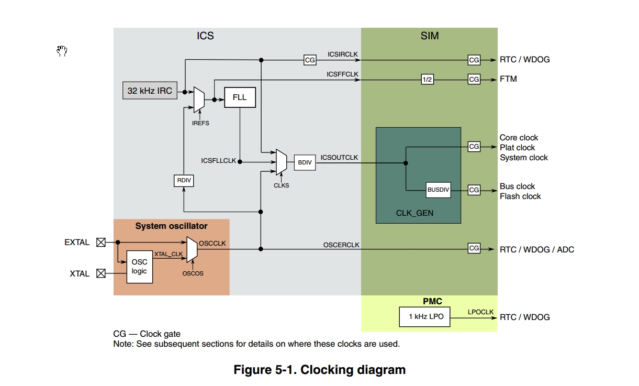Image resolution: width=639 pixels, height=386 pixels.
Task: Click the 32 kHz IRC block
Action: (x=149, y=90)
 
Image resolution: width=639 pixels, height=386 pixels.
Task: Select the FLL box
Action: (x=240, y=97)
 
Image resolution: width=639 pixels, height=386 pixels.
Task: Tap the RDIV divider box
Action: (x=184, y=181)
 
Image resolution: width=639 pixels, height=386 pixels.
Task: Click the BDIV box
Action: (x=305, y=162)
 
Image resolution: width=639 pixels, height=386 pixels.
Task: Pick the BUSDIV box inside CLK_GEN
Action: (x=438, y=190)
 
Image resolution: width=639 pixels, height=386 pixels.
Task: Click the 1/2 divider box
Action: (x=427, y=80)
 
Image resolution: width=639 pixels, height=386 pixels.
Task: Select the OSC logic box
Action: (x=140, y=267)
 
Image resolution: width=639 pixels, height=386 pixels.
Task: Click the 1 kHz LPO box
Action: (x=425, y=317)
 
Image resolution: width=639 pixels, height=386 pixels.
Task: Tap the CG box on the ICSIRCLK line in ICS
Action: (x=310, y=60)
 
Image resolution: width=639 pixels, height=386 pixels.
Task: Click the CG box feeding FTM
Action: (x=474, y=80)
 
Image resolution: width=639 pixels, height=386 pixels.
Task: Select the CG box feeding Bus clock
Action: (x=474, y=190)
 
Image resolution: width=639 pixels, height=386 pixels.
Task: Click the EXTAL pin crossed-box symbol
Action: (x=101, y=242)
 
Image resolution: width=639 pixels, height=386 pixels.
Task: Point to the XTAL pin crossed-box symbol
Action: (x=101, y=273)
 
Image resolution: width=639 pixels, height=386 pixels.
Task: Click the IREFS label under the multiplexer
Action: (x=200, y=123)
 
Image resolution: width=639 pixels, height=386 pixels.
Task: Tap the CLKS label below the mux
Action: (x=281, y=185)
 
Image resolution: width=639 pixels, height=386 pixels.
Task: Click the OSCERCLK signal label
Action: (x=341, y=245)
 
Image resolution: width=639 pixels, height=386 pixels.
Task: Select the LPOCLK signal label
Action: (x=480, y=312)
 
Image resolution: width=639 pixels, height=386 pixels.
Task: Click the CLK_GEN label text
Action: (x=414, y=213)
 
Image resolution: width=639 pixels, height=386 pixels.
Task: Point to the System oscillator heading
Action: (x=171, y=226)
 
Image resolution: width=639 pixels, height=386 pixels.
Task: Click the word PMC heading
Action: (x=432, y=301)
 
